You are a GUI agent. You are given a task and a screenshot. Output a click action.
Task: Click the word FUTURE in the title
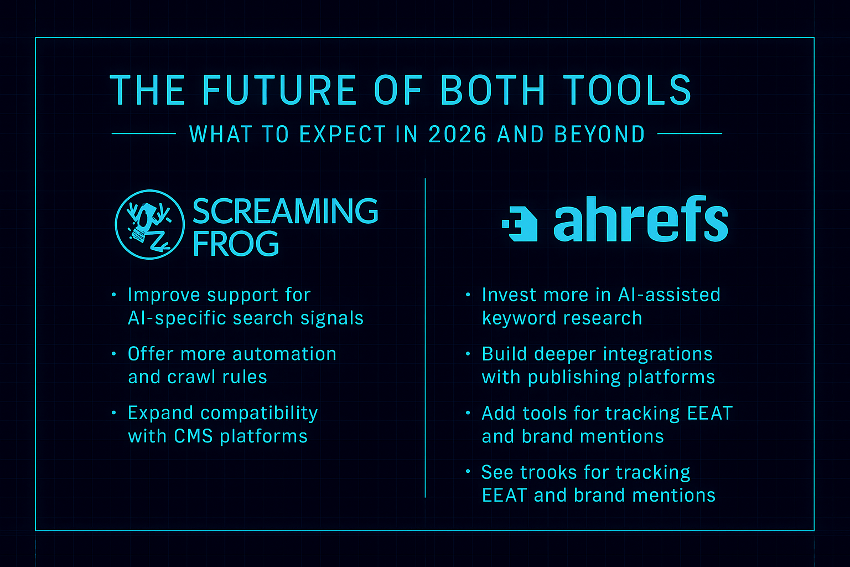279,90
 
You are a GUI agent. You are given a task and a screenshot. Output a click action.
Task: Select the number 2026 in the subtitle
457,134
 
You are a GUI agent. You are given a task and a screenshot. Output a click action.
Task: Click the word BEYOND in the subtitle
599,134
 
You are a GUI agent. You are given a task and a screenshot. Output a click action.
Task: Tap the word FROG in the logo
236,244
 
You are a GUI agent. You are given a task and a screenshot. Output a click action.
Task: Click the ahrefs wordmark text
640,219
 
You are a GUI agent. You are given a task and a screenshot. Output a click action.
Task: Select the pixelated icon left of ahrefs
520,224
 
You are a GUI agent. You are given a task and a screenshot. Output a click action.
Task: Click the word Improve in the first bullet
164,295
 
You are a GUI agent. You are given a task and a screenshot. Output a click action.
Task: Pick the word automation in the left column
284,354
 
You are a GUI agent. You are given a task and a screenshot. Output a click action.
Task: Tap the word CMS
193,436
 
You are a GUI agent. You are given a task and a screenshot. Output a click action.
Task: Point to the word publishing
574,378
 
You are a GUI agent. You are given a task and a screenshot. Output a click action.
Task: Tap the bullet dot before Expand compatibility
114,413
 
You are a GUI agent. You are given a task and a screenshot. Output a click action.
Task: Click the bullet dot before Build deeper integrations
468,354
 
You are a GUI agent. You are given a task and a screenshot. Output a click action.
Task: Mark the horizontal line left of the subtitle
144,133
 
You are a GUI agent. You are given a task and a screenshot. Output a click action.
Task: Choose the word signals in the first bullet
332,318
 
